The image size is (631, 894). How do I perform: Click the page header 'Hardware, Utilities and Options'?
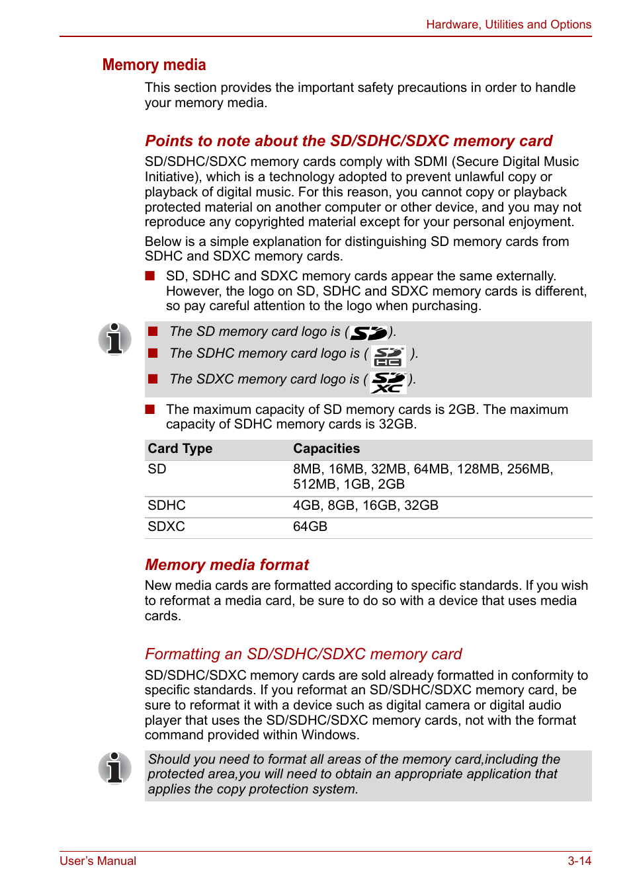508,24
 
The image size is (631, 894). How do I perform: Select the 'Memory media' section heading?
154,65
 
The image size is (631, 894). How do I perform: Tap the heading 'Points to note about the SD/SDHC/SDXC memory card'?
349,141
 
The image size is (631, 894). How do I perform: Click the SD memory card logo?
368,333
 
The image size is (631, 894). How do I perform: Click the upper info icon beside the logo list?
115,339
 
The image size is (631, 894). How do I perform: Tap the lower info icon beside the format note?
115,768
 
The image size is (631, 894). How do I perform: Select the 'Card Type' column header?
180,449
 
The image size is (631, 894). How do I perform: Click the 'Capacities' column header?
326,449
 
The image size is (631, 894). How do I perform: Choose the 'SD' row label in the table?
157,469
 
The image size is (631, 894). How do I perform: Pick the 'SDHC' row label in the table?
167,506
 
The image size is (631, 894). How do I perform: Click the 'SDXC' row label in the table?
166,527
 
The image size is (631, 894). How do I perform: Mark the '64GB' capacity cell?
310,527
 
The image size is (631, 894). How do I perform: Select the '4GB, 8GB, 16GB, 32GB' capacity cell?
365,506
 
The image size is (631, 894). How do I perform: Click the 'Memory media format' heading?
227,565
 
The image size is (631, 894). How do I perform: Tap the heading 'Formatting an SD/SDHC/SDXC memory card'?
303,654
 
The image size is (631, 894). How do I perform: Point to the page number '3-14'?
579,861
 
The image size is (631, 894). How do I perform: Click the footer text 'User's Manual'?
98,861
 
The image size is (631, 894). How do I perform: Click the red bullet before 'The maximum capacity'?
150,409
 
